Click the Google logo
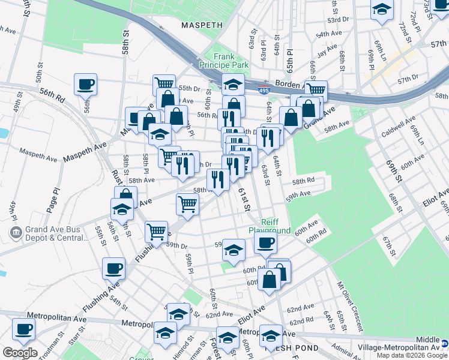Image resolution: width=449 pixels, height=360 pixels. pyautogui.click(x=20, y=353)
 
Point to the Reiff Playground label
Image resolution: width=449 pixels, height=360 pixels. pyautogui.click(x=270, y=226)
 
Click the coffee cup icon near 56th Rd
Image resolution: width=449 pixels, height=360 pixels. pyautogui.click(x=85, y=84)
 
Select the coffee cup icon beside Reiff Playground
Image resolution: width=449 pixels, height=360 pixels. pyautogui.click(x=265, y=242)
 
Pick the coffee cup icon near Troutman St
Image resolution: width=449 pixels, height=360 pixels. pyautogui.click(x=23, y=328)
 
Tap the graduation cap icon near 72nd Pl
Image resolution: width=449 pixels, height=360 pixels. pyautogui.click(x=382, y=10)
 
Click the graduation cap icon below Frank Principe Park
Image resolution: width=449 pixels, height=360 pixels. pyautogui.click(x=233, y=83)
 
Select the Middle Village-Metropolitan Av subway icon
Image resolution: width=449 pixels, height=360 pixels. pyautogui.click(x=444, y=343)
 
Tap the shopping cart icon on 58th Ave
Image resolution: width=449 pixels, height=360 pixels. pyautogui.click(x=187, y=203)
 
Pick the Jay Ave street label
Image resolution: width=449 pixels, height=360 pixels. pyautogui.click(x=327, y=52)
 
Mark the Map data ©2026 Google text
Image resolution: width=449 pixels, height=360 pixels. pyautogui.click(x=412, y=355)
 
